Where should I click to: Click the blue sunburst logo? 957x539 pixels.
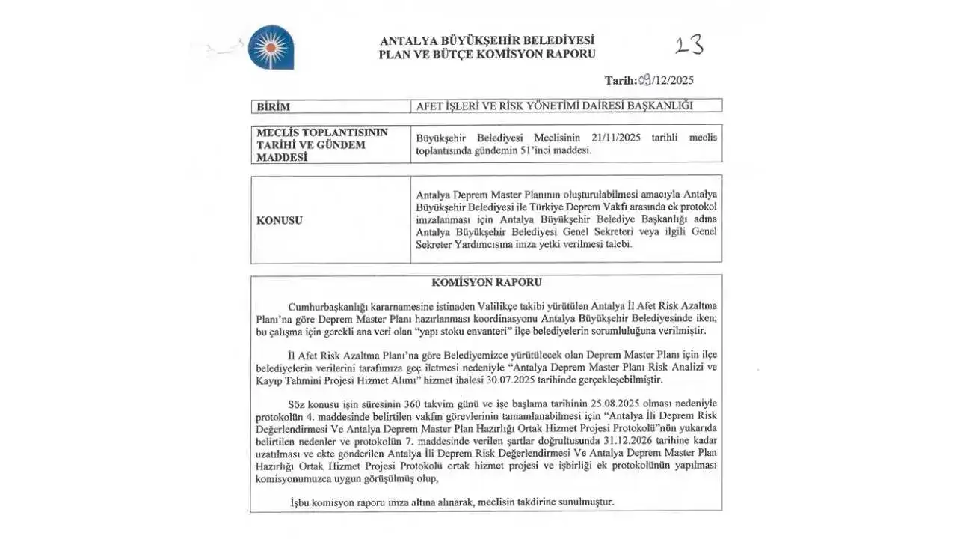271,47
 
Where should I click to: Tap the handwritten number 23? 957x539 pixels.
689,46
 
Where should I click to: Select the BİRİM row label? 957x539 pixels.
273,106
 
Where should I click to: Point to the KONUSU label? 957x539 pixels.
280,220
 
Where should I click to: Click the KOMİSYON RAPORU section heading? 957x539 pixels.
486,283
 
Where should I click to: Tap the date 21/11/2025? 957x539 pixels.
616,138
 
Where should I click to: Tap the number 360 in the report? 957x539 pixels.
395,404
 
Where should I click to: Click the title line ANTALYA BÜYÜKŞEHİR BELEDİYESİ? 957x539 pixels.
487,40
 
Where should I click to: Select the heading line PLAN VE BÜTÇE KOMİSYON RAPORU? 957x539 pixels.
487,54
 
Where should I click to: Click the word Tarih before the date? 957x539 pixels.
620,81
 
